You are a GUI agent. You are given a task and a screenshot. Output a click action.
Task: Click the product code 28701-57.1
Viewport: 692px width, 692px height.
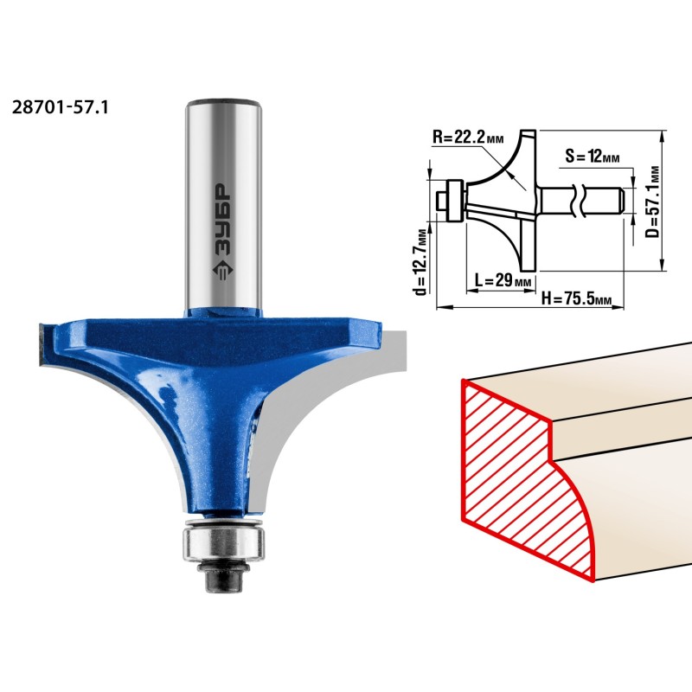(x=60, y=107)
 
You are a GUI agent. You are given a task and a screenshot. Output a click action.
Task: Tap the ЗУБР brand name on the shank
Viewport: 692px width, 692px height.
(x=223, y=220)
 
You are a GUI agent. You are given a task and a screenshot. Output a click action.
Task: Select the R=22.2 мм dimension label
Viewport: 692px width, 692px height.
(x=468, y=137)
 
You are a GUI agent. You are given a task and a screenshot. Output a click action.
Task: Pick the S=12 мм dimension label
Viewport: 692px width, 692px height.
(x=593, y=157)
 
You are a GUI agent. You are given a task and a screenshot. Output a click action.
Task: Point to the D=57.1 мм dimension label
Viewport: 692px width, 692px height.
(x=653, y=202)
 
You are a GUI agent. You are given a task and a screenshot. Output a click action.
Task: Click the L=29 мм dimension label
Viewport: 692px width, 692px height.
(x=503, y=280)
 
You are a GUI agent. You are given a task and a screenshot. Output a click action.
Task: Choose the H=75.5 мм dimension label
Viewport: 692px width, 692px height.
(x=576, y=299)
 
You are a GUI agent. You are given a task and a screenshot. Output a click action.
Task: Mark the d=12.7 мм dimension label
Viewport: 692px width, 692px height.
(x=421, y=262)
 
